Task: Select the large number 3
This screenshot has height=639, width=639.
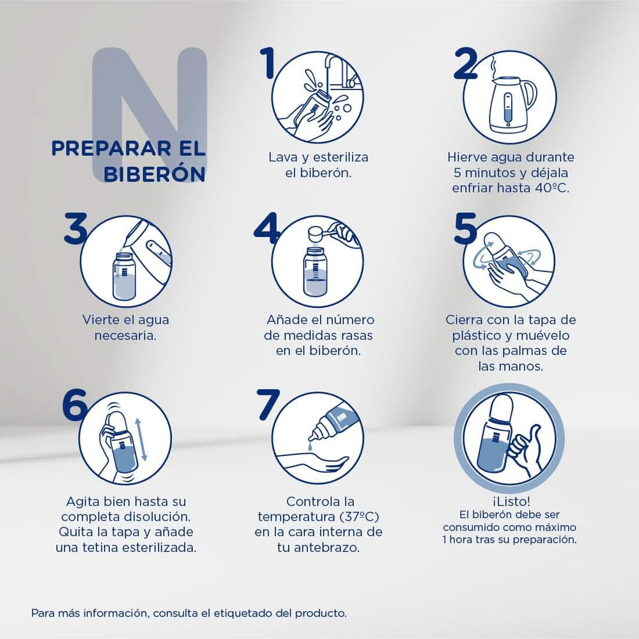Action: click(75, 229)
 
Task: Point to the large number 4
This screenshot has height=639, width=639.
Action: click(266, 229)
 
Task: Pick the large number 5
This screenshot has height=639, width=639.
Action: click(465, 229)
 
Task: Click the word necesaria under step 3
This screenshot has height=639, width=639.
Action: click(126, 335)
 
